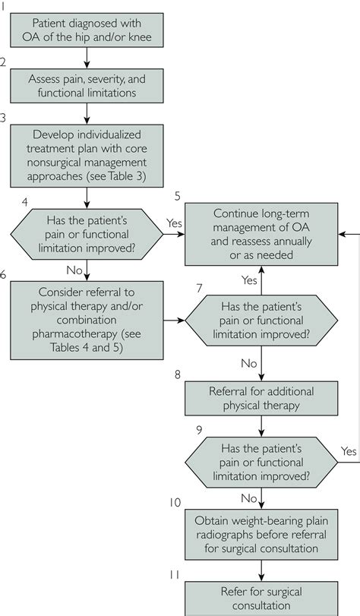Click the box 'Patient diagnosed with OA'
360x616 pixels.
pyautogui.click(x=87, y=30)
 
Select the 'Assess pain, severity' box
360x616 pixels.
pyautogui.click(x=87, y=86)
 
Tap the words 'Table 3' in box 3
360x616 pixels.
pyautogui.click(x=127, y=176)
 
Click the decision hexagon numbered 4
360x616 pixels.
pyautogui.click(x=87, y=234)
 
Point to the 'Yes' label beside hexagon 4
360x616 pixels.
pyautogui.click(x=174, y=223)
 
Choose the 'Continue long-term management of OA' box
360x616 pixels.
pyautogui.click(x=261, y=234)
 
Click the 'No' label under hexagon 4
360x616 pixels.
pyautogui.click(x=74, y=270)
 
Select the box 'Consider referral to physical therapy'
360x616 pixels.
pyautogui.click(x=87, y=321)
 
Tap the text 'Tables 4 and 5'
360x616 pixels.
pyautogui.click(x=87, y=348)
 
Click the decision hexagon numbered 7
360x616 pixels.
pyautogui.click(x=261, y=321)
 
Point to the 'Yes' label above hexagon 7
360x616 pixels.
pyautogui.click(x=249, y=280)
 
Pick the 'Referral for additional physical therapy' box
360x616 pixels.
pyautogui.click(x=261, y=398)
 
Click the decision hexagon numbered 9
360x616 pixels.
pyautogui.click(x=261, y=463)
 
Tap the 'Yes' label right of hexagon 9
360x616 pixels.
pyautogui.click(x=349, y=451)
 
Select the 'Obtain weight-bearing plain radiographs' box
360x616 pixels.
pyautogui.click(x=261, y=535)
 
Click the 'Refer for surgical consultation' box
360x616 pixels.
pyautogui.click(x=261, y=599)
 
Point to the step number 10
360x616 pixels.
pyautogui.click(x=175, y=503)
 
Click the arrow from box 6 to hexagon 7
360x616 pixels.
pyautogui.click(x=174, y=321)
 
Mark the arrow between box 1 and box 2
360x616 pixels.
pyautogui.click(x=87, y=58)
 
